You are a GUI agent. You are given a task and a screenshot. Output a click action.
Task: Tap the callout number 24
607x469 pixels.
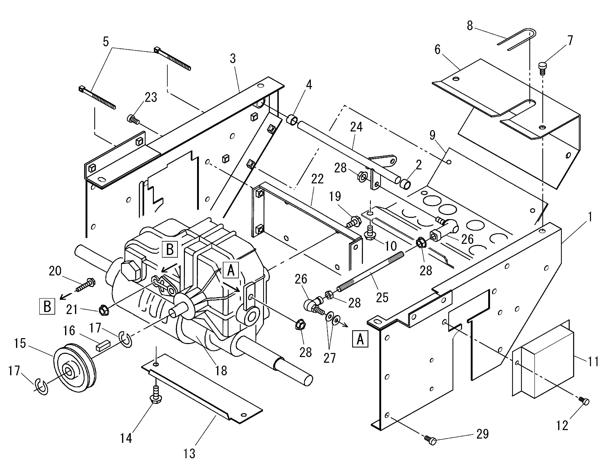(356, 127)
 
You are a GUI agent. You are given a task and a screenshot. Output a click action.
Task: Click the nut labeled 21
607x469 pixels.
(103, 310)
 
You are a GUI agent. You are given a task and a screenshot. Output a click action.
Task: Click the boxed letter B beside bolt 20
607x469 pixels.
(47, 306)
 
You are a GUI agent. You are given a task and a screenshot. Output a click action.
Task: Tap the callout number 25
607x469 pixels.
(382, 297)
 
